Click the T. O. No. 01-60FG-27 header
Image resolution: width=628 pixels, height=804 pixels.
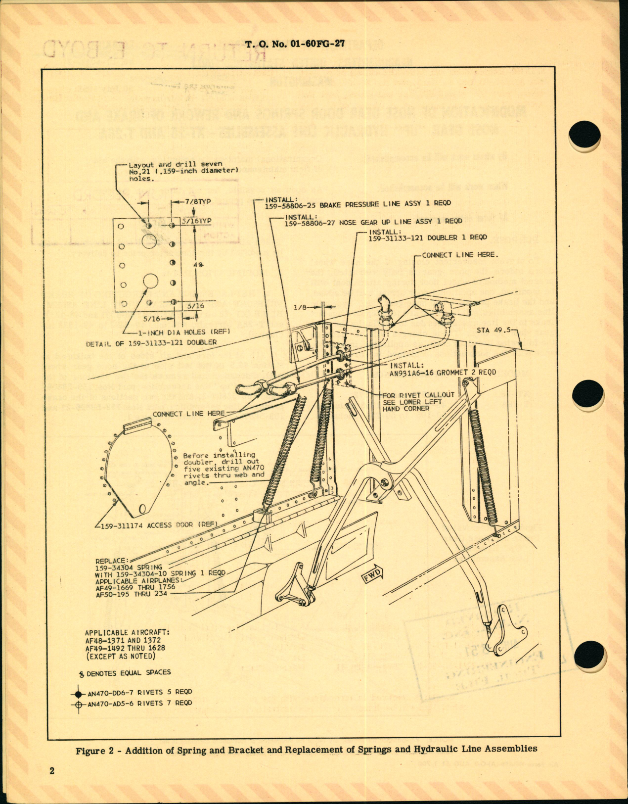[x=295, y=44]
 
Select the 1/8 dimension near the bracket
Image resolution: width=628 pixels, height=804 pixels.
[x=300, y=307]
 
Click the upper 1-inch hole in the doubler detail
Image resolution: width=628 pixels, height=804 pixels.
[x=149, y=241]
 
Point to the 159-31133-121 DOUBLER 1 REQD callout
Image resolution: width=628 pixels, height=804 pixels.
[x=427, y=238]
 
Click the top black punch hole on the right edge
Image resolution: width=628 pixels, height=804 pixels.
[x=584, y=135]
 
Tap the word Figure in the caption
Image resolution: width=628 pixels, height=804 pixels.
[x=90, y=751]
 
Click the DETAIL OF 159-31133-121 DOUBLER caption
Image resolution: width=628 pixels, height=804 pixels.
[x=151, y=342]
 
